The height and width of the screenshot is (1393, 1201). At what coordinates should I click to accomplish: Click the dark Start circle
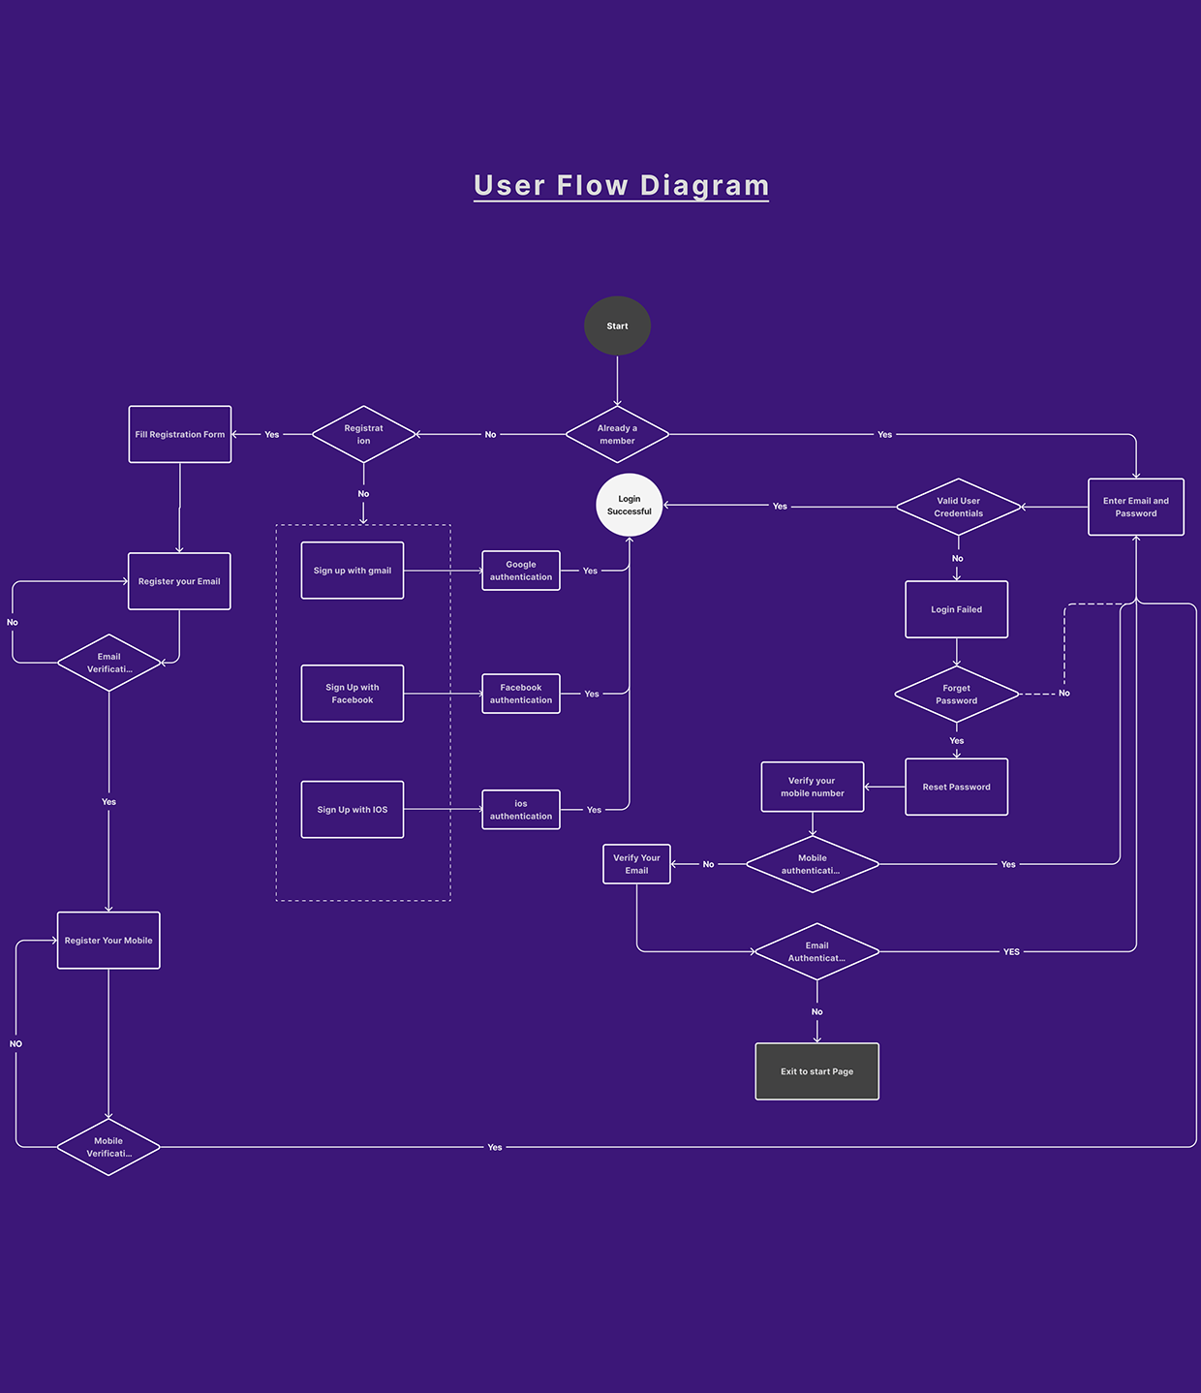617,325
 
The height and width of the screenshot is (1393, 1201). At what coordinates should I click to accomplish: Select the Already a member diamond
617,434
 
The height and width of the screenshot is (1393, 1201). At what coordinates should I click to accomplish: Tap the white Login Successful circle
629,505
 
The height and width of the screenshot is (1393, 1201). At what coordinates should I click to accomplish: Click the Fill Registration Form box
180,434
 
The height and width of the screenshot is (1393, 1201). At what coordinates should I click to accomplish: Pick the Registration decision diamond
363,434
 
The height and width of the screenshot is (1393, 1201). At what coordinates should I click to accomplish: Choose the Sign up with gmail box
353,571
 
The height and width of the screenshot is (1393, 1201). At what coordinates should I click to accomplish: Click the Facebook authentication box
521,694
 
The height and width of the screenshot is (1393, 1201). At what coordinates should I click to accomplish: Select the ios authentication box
521,810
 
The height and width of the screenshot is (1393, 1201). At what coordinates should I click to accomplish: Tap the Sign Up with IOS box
353,810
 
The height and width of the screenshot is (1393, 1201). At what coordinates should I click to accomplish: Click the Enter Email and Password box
1135,507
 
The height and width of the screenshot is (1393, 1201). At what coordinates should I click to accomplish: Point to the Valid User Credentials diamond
958,507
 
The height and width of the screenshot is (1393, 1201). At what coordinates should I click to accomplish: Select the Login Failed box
956,609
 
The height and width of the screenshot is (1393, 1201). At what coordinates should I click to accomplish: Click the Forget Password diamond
956,694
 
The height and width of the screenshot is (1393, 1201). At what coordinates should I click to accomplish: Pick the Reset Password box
956,787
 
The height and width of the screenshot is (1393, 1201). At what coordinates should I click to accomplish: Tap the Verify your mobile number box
813,787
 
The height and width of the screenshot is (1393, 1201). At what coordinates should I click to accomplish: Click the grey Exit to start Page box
816,1071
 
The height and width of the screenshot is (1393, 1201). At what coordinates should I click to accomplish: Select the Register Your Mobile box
108,941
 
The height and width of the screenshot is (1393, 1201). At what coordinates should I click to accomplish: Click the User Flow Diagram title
621,185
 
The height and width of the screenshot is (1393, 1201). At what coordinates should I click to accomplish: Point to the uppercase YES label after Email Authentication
1011,952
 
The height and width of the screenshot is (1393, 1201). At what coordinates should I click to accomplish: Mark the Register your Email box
179,581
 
